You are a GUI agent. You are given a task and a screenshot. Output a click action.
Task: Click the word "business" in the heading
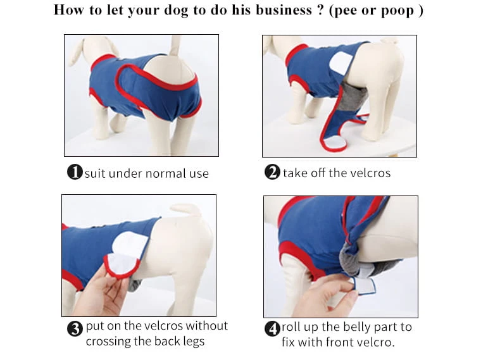pos(284,10)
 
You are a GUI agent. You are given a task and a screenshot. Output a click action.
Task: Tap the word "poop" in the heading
pos(397,11)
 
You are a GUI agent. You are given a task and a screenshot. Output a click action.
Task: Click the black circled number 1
pos(75,172)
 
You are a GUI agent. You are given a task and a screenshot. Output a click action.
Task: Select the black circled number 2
pos(272,172)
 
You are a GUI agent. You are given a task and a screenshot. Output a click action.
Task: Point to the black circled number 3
pos(75,328)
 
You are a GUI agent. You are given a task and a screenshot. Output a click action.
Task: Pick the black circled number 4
pos(272,328)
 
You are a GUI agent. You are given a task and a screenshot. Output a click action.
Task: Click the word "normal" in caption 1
pos(166,174)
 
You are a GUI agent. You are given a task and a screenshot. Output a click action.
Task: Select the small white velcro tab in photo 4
pos(363,285)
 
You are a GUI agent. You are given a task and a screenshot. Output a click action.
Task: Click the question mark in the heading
pos(320,10)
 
